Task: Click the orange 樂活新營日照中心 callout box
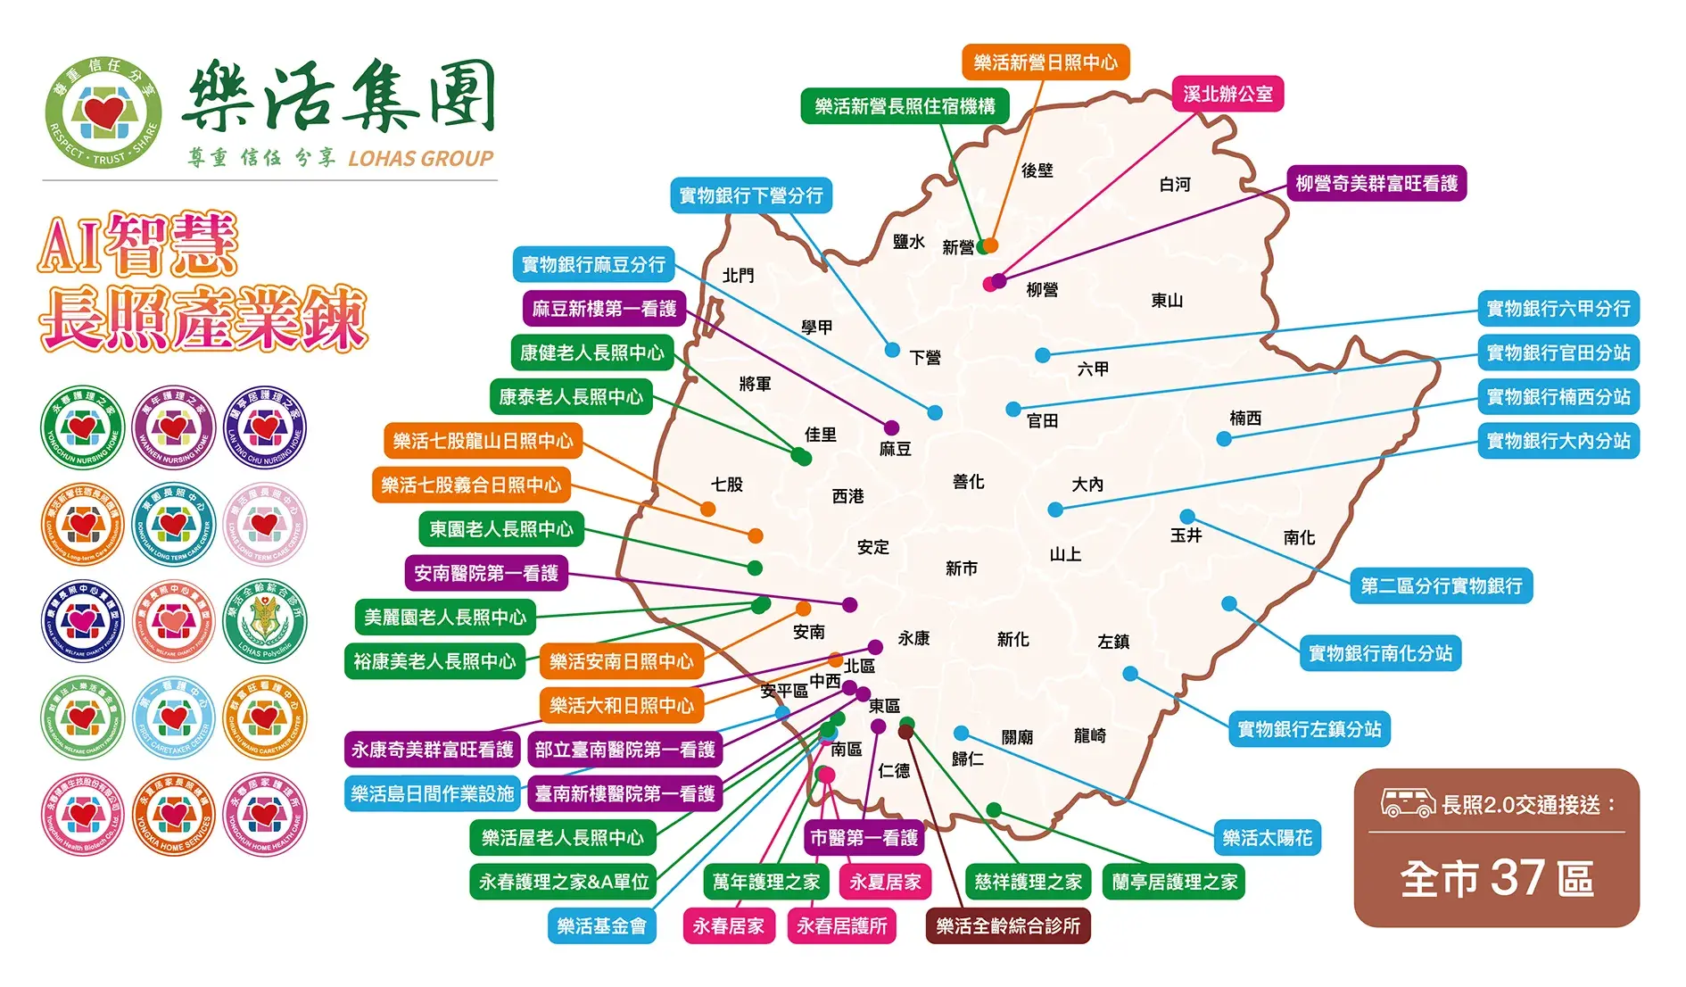tap(1045, 62)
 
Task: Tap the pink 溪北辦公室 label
tap(1227, 94)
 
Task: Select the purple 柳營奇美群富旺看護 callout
tap(1376, 184)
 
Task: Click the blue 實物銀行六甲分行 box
tap(1558, 309)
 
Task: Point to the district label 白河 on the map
tap(1175, 185)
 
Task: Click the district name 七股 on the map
tap(727, 485)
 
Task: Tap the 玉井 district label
tap(1186, 535)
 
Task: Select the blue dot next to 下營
tap(892, 350)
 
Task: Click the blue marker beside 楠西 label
tap(1224, 439)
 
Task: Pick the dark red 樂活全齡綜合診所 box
tap(1008, 926)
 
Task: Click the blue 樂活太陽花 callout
tap(1267, 838)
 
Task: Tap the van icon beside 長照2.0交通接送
tap(1408, 803)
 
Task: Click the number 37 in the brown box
tap(1517, 878)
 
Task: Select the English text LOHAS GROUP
tap(420, 159)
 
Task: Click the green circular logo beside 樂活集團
tap(103, 114)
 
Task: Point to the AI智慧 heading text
tap(138, 245)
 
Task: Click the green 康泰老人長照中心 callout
tap(571, 397)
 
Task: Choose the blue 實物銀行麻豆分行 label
tap(593, 265)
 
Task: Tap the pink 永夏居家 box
tap(885, 882)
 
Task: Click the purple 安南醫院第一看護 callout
tap(486, 573)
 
